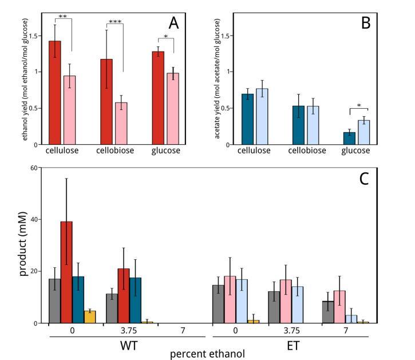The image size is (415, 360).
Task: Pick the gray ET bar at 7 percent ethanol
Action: coord(327,312)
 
